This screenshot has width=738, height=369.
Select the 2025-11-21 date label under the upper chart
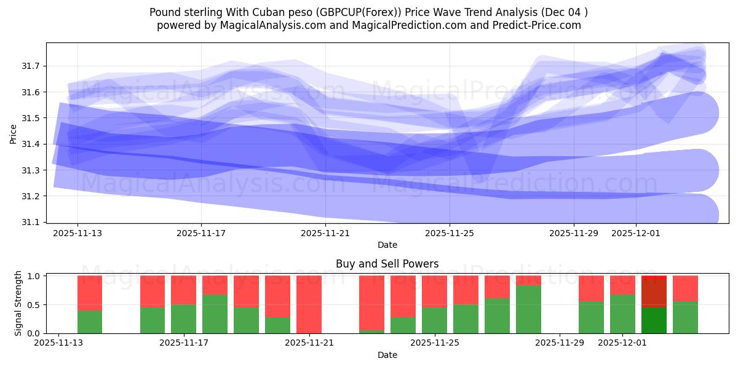[x=325, y=234]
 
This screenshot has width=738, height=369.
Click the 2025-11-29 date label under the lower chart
[x=560, y=343]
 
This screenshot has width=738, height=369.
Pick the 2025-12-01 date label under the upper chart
[x=636, y=234]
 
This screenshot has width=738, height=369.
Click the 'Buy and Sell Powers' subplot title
[x=387, y=264]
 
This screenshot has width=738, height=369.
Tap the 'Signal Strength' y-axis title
[x=18, y=303]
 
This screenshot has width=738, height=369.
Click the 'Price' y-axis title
[x=14, y=134]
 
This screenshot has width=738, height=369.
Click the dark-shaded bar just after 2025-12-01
[x=654, y=304]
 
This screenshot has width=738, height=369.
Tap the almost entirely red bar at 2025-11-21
[x=309, y=304]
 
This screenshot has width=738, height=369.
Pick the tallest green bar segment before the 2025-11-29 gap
[x=528, y=309]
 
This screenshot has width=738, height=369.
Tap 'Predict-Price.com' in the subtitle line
[x=533, y=25]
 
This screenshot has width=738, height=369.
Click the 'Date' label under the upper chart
[x=387, y=245]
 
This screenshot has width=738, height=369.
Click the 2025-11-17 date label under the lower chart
[x=184, y=343]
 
